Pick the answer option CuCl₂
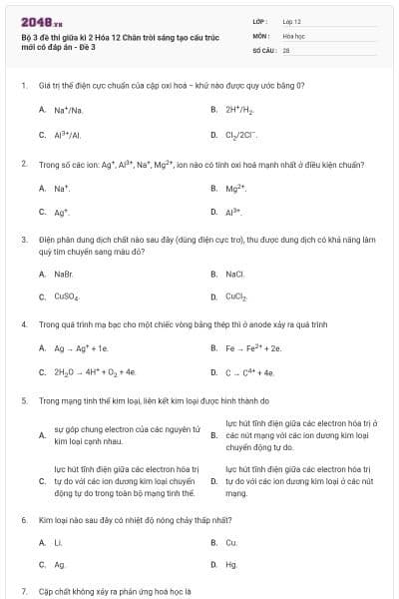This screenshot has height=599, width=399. pyautogui.click(x=236, y=297)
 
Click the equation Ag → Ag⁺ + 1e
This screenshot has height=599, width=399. pyautogui.click(x=81, y=348)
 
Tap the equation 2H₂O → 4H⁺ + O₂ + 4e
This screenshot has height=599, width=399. pyautogui.click(x=94, y=372)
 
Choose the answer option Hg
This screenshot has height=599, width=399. pyautogui.click(x=231, y=565)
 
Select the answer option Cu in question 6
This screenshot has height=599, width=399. pyautogui.click(x=231, y=542)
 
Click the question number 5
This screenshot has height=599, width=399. pyautogui.click(x=23, y=400)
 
